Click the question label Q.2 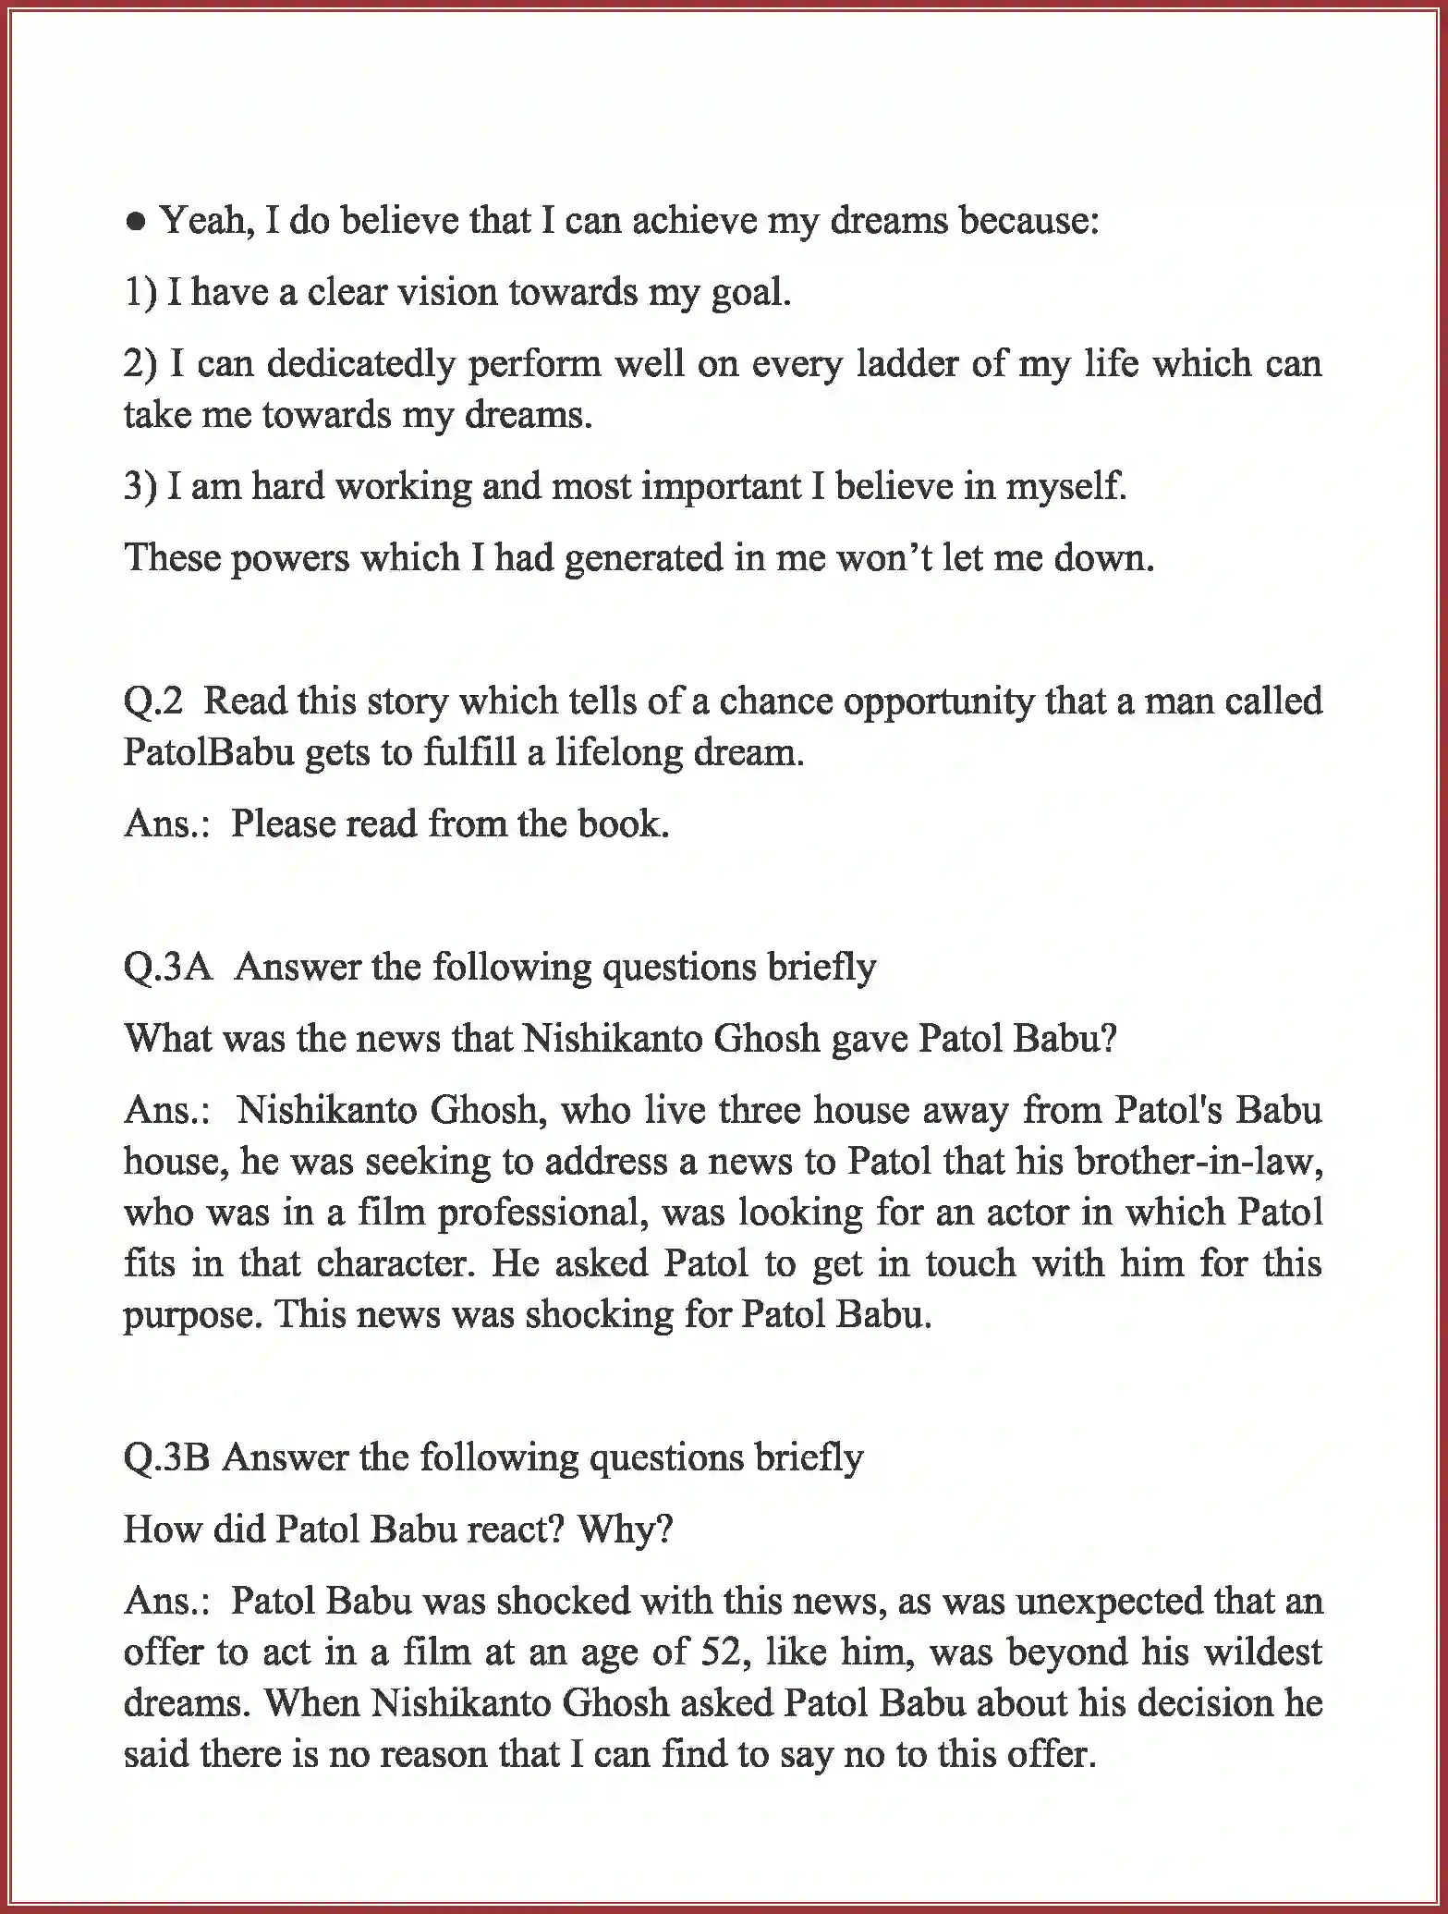click(x=153, y=701)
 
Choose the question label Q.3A click(x=167, y=968)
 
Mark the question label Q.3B click(x=166, y=1457)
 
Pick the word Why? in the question click(x=625, y=1530)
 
